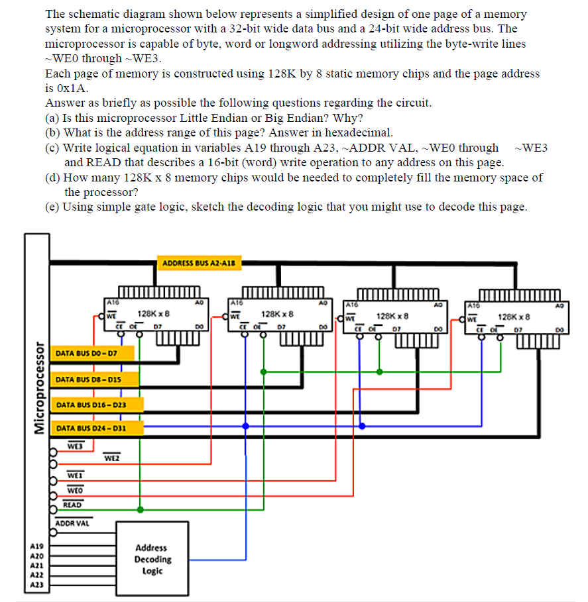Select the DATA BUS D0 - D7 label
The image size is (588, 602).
[x=86, y=354]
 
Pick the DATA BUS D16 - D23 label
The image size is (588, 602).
[x=91, y=404]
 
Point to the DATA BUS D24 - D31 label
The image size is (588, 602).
[x=91, y=428]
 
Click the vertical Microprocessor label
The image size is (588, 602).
[x=38, y=391]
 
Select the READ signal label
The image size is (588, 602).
[x=72, y=505]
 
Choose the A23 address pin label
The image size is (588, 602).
[x=36, y=586]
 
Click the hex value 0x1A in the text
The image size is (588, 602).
[x=75, y=88]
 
